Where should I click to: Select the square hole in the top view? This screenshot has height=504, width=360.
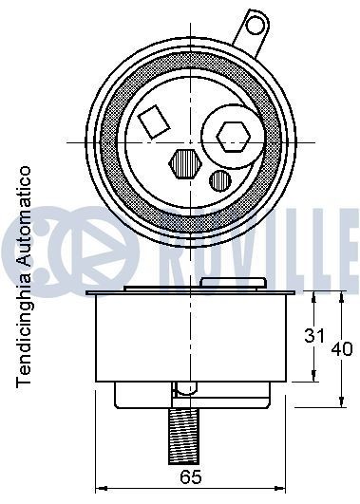[153, 121]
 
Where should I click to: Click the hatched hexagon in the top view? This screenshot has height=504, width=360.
[185, 163]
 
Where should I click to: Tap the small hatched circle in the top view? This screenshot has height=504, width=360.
[219, 179]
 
